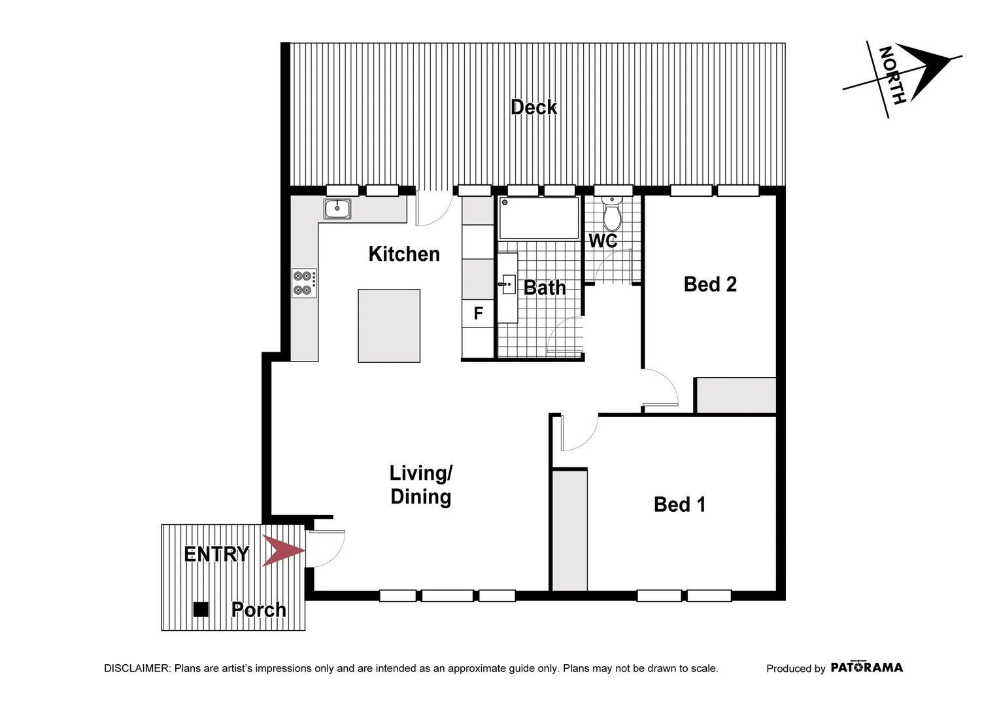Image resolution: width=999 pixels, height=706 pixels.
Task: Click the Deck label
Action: coord(533,107)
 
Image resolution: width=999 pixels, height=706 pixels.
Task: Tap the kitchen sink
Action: coord(337,209)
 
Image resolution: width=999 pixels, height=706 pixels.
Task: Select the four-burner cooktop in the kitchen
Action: coord(305,284)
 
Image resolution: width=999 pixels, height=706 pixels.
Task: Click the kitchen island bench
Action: coord(389,326)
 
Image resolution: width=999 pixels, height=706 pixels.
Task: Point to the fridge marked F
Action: coord(478,313)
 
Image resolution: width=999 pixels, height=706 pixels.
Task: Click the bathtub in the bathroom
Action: coord(539,218)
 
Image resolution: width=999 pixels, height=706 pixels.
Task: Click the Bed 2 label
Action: coord(710,284)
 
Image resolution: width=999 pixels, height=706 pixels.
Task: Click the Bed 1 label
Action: coord(679,505)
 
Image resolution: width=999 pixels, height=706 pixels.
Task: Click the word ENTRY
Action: coord(216,554)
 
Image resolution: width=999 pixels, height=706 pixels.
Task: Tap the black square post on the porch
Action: coord(201,609)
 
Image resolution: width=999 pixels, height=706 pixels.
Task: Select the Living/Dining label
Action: coord(421,485)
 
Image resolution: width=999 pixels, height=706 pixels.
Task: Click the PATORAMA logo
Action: coord(866,667)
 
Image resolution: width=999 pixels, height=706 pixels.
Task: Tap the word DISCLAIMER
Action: coord(137,668)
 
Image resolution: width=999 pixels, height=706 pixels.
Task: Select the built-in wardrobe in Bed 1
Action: coord(569,530)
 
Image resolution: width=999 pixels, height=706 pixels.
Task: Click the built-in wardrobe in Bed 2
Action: coord(736,395)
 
